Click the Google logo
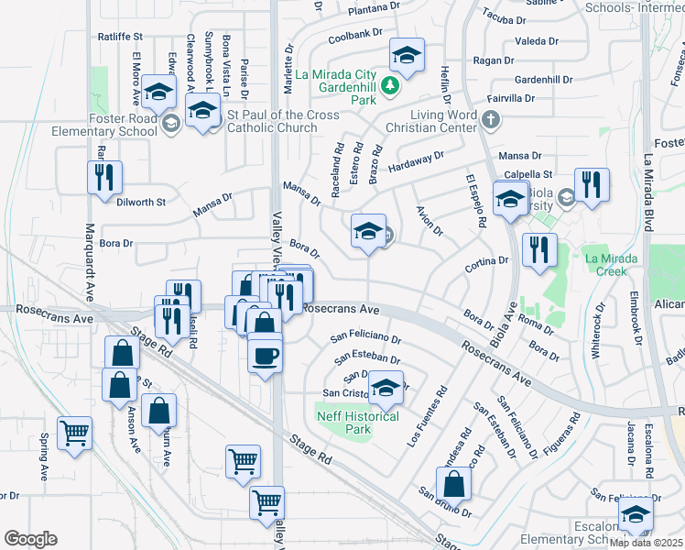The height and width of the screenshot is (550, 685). [30, 539]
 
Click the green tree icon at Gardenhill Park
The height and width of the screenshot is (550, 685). [391, 86]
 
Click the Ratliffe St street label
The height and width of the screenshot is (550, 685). [120, 37]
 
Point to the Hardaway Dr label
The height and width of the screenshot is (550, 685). [414, 162]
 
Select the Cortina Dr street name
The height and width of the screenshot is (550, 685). [485, 261]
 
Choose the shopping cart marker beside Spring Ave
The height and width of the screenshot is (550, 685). [74, 433]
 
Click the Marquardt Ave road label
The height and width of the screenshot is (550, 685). [90, 261]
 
